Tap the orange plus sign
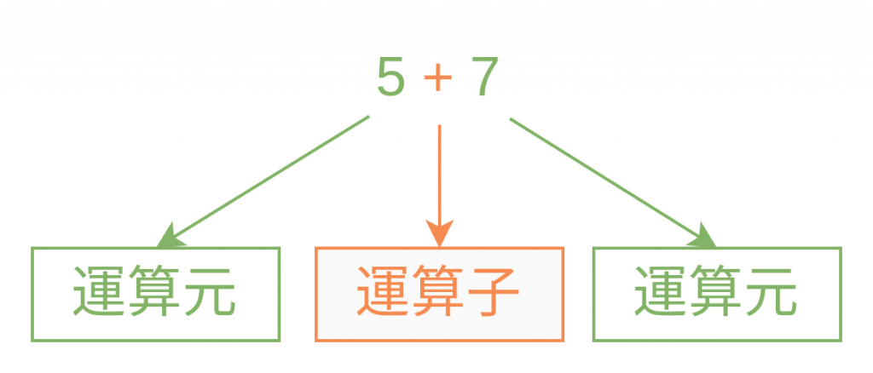coord(438,80)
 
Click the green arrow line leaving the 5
coord(273,174)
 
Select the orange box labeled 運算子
coord(439,294)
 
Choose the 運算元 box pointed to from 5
coord(156,294)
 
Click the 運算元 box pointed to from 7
coord(716,294)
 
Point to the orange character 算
coord(438,294)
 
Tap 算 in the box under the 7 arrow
coord(716,294)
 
